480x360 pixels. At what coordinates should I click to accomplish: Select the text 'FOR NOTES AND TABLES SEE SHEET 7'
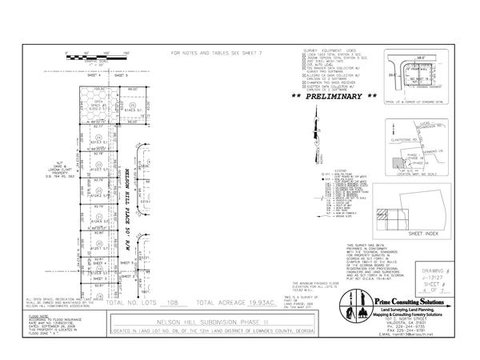click(x=218, y=54)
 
